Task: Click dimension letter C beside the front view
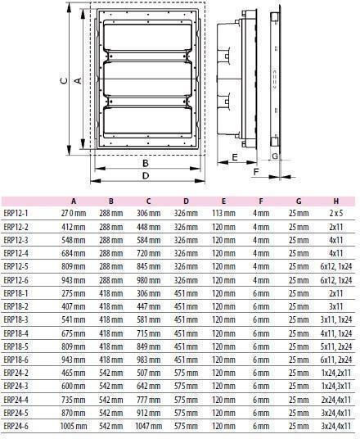point(64,80)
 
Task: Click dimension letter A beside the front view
point(78,80)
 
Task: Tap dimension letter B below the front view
point(146,163)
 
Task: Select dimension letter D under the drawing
point(146,176)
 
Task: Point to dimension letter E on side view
point(235,157)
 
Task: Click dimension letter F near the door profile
point(256,172)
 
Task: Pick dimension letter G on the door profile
point(275,156)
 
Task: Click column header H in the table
point(336,201)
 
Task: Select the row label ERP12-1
point(16,213)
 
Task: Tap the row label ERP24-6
point(16,426)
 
